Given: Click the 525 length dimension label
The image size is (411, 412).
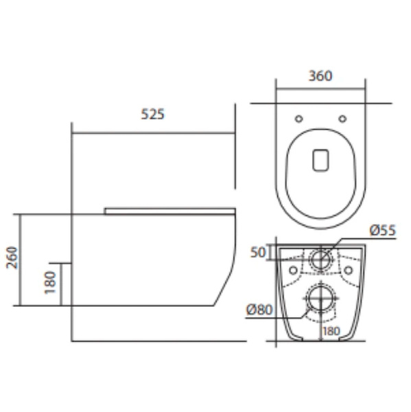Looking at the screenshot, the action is coord(152,114).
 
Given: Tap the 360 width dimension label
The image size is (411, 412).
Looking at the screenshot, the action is coord(320,76).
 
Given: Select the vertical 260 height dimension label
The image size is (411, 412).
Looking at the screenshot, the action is coord(12,257).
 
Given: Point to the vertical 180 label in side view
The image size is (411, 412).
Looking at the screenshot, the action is coord(50,282).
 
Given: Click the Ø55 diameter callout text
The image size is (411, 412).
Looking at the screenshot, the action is coord(382,230).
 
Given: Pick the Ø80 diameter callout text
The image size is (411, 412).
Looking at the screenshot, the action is coord(259,310).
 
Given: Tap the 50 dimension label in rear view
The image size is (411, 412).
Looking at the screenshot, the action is coord(259,252).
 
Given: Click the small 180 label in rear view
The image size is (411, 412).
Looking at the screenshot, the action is coord(331,331).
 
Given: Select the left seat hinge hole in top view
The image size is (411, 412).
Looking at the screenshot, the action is coord(299,119).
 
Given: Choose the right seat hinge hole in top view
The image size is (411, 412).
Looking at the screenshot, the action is coord(342,119).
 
